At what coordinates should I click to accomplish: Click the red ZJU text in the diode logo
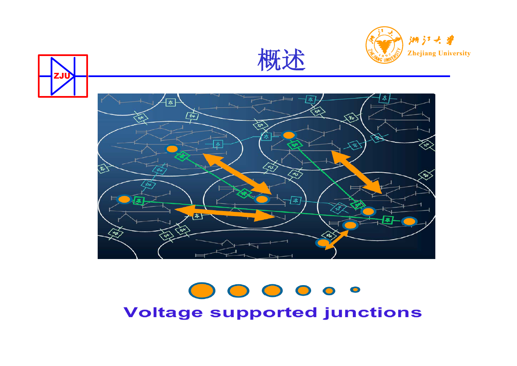(x=62, y=76)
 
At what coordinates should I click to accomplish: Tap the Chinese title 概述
(x=281, y=59)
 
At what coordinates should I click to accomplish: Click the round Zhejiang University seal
(x=384, y=45)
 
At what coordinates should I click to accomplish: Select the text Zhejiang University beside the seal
(x=439, y=53)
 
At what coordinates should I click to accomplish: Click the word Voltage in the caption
(x=163, y=313)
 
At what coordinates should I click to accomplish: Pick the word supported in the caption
(x=264, y=313)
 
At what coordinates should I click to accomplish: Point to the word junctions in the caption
(x=373, y=313)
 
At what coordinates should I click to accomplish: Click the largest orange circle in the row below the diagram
(x=202, y=291)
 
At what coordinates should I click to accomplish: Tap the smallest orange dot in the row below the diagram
(x=355, y=290)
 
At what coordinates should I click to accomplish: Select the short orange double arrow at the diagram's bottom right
(x=336, y=240)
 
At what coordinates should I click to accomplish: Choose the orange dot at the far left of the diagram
(x=124, y=199)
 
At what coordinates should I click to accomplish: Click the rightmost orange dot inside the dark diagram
(x=409, y=222)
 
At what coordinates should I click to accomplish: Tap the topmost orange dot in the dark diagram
(x=288, y=135)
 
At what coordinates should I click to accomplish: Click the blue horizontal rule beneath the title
(x=269, y=76)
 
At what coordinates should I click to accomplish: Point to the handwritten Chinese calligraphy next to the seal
(x=431, y=40)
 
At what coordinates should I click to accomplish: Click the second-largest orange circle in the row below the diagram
(x=238, y=291)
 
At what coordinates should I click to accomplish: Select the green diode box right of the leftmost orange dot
(x=139, y=201)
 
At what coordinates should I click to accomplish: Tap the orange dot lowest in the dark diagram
(x=323, y=243)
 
